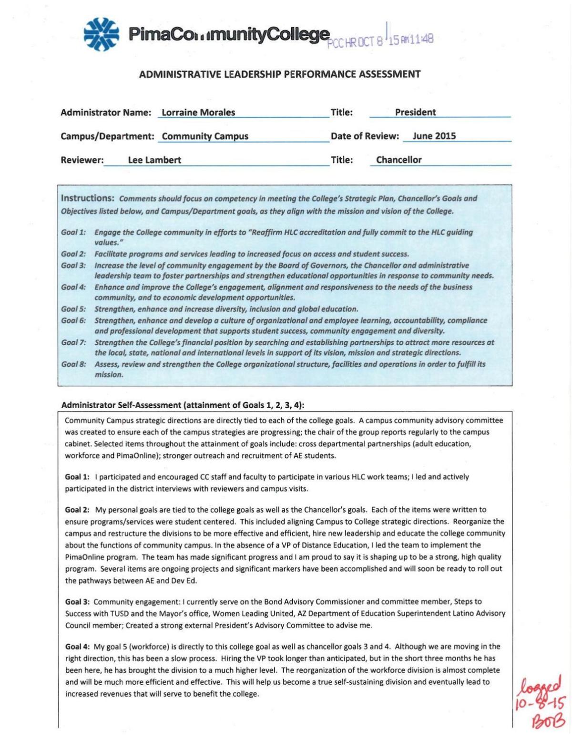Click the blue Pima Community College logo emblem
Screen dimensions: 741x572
click(101, 34)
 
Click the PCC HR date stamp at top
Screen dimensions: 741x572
click(380, 40)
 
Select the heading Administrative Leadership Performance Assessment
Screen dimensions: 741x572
click(280, 74)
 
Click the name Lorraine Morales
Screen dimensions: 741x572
click(198, 113)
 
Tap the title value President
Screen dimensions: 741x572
click(415, 112)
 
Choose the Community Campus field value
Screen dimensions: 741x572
click(205, 136)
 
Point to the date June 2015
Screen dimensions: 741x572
click(434, 136)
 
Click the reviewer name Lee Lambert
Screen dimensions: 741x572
click(154, 160)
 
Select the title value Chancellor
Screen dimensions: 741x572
click(399, 160)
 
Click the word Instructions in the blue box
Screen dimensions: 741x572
click(88, 198)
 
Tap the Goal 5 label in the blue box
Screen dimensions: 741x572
click(73, 309)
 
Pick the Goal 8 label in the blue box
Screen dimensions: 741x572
click(73, 364)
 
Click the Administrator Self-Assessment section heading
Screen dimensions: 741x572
click(183, 405)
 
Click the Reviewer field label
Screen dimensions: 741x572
click(82, 160)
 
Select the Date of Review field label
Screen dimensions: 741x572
click(365, 136)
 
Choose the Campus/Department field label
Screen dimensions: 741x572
click(107, 136)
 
